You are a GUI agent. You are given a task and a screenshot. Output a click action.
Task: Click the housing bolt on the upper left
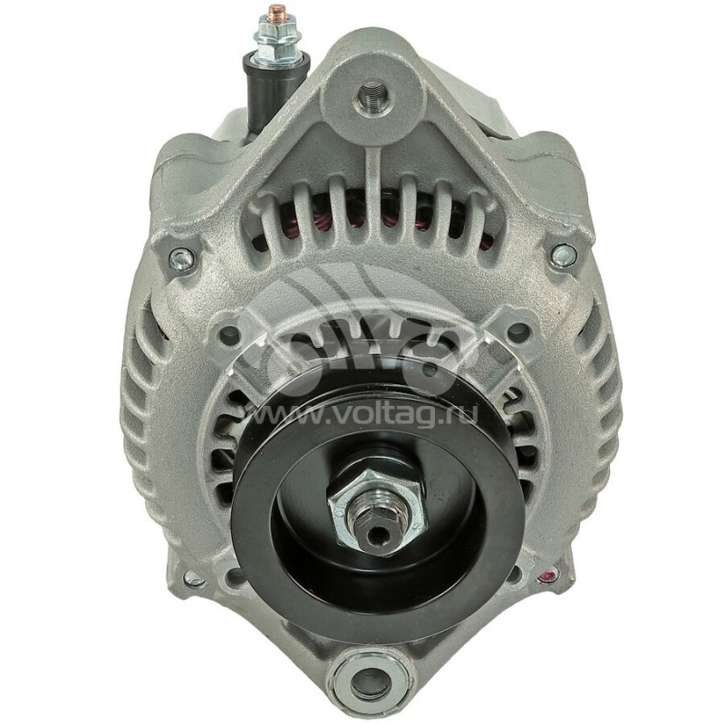[180, 260]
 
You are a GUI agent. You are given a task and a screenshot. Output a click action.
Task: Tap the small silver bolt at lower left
[192, 578]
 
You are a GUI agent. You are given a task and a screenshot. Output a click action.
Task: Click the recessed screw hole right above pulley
[517, 333]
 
